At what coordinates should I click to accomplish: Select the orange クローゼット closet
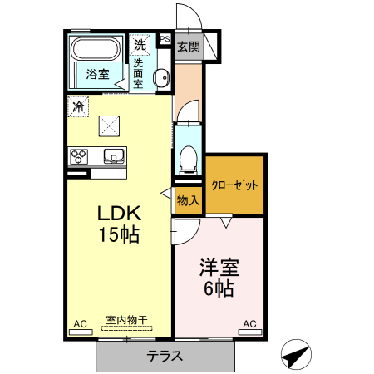click(234, 185)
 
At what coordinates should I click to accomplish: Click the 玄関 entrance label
click(189, 47)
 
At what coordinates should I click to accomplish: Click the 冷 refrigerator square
click(78, 106)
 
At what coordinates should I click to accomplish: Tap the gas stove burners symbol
click(80, 155)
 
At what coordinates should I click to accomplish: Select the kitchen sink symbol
click(112, 155)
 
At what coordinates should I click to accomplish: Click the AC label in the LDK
click(81, 323)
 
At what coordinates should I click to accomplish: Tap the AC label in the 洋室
click(249, 323)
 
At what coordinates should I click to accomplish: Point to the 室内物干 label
click(126, 319)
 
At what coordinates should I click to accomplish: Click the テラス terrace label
click(165, 356)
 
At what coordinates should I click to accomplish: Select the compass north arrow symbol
click(295, 355)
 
